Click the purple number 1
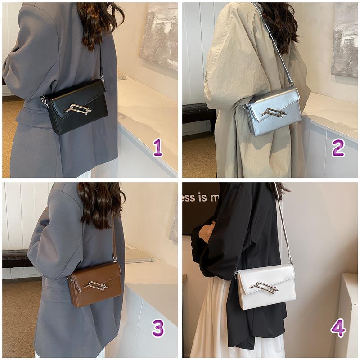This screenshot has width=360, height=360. pyautogui.click(x=157, y=148)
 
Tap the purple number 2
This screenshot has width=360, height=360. pyautogui.click(x=338, y=148)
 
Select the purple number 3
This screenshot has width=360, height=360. pyautogui.click(x=158, y=328)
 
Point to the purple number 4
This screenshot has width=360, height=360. pyautogui.click(x=338, y=328)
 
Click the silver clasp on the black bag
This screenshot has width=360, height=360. pyautogui.click(x=77, y=109)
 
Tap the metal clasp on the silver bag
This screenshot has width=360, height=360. pyautogui.click(x=273, y=112)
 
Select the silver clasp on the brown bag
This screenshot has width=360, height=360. pyautogui.click(x=96, y=285)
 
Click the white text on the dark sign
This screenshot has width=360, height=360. pyautogui.click(x=200, y=197)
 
